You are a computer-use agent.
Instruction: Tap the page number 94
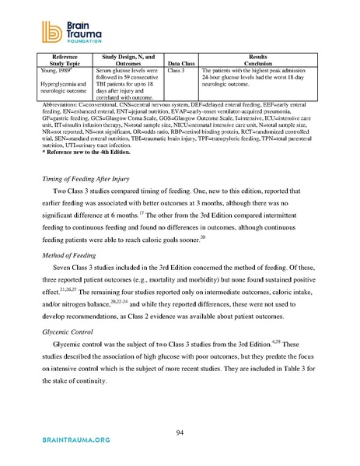tap(180, 433)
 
